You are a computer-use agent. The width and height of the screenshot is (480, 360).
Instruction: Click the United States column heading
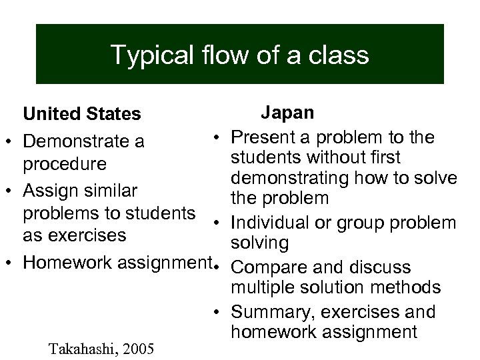[x=82, y=115]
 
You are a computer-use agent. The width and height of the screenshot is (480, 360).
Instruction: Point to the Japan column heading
[x=287, y=112]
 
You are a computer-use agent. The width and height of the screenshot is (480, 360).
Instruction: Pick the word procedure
[x=65, y=164]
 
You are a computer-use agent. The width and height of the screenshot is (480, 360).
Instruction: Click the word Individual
[x=277, y=223]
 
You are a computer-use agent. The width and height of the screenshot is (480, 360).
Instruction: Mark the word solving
[x=259, y=243]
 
